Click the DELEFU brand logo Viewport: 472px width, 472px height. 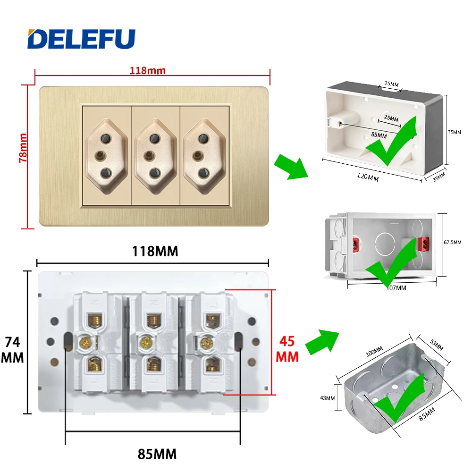click(81, 39)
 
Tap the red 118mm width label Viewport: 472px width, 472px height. click(148, 70)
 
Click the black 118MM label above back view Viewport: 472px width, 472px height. click(154, 251)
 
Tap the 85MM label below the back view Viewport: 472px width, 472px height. click(157, 455)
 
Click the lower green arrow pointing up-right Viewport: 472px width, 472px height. click(322, 341)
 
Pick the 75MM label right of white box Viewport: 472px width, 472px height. click(454, 132)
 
